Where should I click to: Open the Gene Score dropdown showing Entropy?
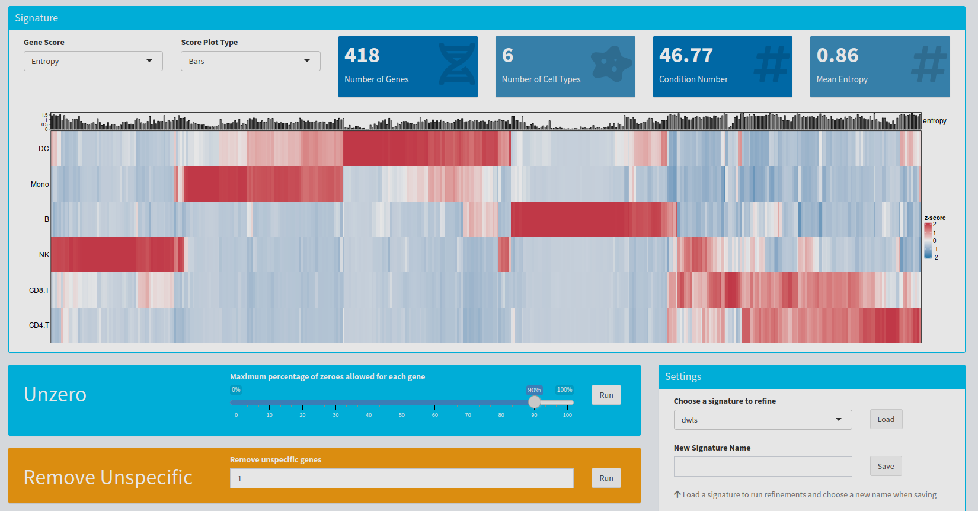(x=93, y=61)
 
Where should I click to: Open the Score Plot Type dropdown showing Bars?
(x=250, y=61)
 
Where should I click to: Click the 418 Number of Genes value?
(x=362, y=55)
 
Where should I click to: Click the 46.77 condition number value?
(x=686, y=55)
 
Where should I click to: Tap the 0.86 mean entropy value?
(x=837, y=55)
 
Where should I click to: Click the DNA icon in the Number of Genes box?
(x=456, y=64)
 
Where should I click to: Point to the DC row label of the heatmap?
(x=43, y=149)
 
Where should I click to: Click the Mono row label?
(x=40, y=184)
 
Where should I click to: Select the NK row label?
(x=44, y=255)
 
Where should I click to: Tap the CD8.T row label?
(x=39, y=290)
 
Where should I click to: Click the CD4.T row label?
(x=39, y=325)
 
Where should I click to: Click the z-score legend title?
(x=935, y=218)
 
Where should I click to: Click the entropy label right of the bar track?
(x=934, y=121)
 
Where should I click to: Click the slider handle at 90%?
(x=534, y=402)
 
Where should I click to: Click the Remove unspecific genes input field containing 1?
(x=401, y=478)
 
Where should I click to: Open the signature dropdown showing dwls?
(x=762, y=420)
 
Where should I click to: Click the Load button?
(x=886, y=419)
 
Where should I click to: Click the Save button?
(x=886, y=466)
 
